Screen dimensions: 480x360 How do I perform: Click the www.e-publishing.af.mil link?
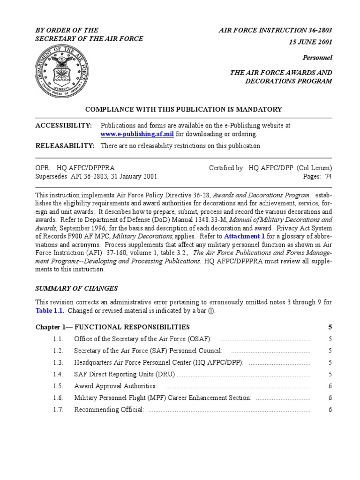pos(137,134)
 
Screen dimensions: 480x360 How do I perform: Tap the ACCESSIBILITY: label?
pos(64,126)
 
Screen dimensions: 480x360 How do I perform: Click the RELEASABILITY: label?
pos(65,146)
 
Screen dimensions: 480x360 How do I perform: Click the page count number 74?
pos(329,177)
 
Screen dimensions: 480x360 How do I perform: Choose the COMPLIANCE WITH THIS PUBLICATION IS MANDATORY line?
pos(183,109)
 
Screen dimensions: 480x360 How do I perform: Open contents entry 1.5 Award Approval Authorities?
pos(115,386)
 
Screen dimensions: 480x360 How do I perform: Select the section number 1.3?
pos(58,362)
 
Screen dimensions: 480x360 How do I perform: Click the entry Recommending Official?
pos(109,410)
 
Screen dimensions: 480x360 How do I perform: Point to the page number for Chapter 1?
pos(330,327)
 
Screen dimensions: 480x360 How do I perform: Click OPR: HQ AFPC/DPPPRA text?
pos(75,168)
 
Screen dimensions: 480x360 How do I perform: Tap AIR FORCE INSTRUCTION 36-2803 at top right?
pos(276,30)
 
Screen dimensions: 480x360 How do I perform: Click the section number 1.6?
pos(58,398)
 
